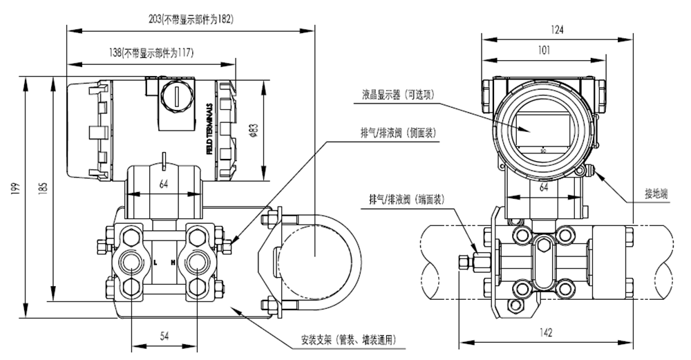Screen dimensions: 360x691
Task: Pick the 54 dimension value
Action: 164,336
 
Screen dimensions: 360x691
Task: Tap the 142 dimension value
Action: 545,333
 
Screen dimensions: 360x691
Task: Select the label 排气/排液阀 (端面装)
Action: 406,199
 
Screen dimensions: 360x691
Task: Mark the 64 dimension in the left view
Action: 164,184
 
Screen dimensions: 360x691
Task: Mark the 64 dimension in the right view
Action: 543,187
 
